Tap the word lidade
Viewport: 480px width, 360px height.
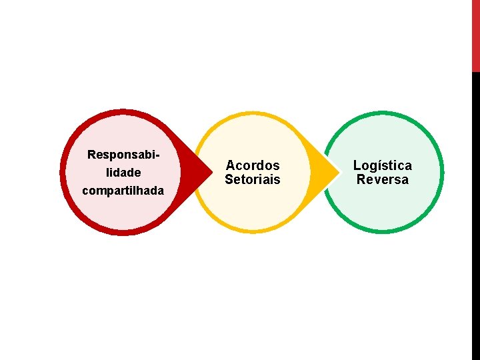(123, 173)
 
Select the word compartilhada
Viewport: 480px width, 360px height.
(123, 191)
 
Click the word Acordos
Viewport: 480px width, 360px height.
(253, 165)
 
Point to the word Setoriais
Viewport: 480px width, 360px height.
(253, 179)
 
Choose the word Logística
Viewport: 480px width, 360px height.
(382, 165)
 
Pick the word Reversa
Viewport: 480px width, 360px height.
(382, 179)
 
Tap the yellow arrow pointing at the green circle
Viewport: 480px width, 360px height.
(325, 173)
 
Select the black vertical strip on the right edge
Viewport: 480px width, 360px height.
(475, 213)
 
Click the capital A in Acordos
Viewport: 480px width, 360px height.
(231, 165)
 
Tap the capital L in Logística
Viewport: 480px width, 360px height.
(357, 165)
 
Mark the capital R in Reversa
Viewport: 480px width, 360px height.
(361, 179)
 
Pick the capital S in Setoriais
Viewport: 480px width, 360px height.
(229, 179)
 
